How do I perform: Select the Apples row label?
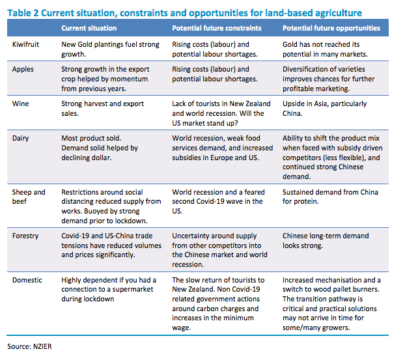click(x=24, y=68)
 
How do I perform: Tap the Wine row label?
click(x=21, y=103)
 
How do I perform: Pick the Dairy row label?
click(x=21, y=138)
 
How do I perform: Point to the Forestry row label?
click(x=26, y=236)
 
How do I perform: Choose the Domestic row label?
click(x=28, y=280)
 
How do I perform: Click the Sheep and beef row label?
click(x=29, y=197)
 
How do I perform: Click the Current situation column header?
click(x=89, y=29)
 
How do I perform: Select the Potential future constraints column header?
click(x=217, y=29)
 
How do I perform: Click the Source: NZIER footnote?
click(x=29, y=346)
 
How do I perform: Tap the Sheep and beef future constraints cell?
click(x=217, y=201)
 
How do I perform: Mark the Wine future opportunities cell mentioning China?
click(x=324, y=107)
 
